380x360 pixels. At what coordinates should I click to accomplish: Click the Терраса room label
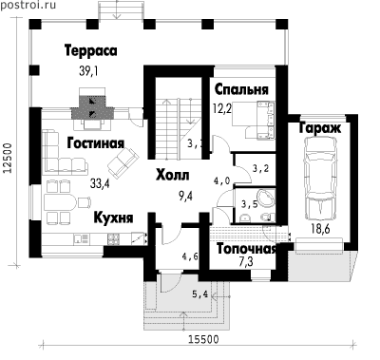pos(91,50)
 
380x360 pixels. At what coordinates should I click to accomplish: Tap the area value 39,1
pos(88,71)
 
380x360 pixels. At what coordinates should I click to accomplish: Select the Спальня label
pos(241,89)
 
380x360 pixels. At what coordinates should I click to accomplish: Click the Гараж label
pos(319,127)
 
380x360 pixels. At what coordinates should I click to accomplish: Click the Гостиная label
pos(96,143)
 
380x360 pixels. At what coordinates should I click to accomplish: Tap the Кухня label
pos(114,218)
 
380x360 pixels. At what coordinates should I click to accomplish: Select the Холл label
pos(173,175)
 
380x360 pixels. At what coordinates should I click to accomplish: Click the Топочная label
pos(247,249)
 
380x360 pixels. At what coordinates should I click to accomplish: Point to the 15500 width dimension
pos(203,339)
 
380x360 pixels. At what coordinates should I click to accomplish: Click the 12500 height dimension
pos(8,159)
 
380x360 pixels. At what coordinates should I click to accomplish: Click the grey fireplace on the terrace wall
pos(92,106)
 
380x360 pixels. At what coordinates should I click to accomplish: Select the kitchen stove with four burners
pos(113,238)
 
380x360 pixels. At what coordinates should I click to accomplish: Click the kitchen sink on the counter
pos(82,239)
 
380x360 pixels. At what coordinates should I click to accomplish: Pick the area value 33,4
pos(100,183)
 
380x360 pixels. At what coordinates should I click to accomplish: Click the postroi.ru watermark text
pos(28,5)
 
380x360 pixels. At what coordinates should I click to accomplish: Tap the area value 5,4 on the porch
pos(199,294)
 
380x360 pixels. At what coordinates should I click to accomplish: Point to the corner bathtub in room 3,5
pos(265,199)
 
